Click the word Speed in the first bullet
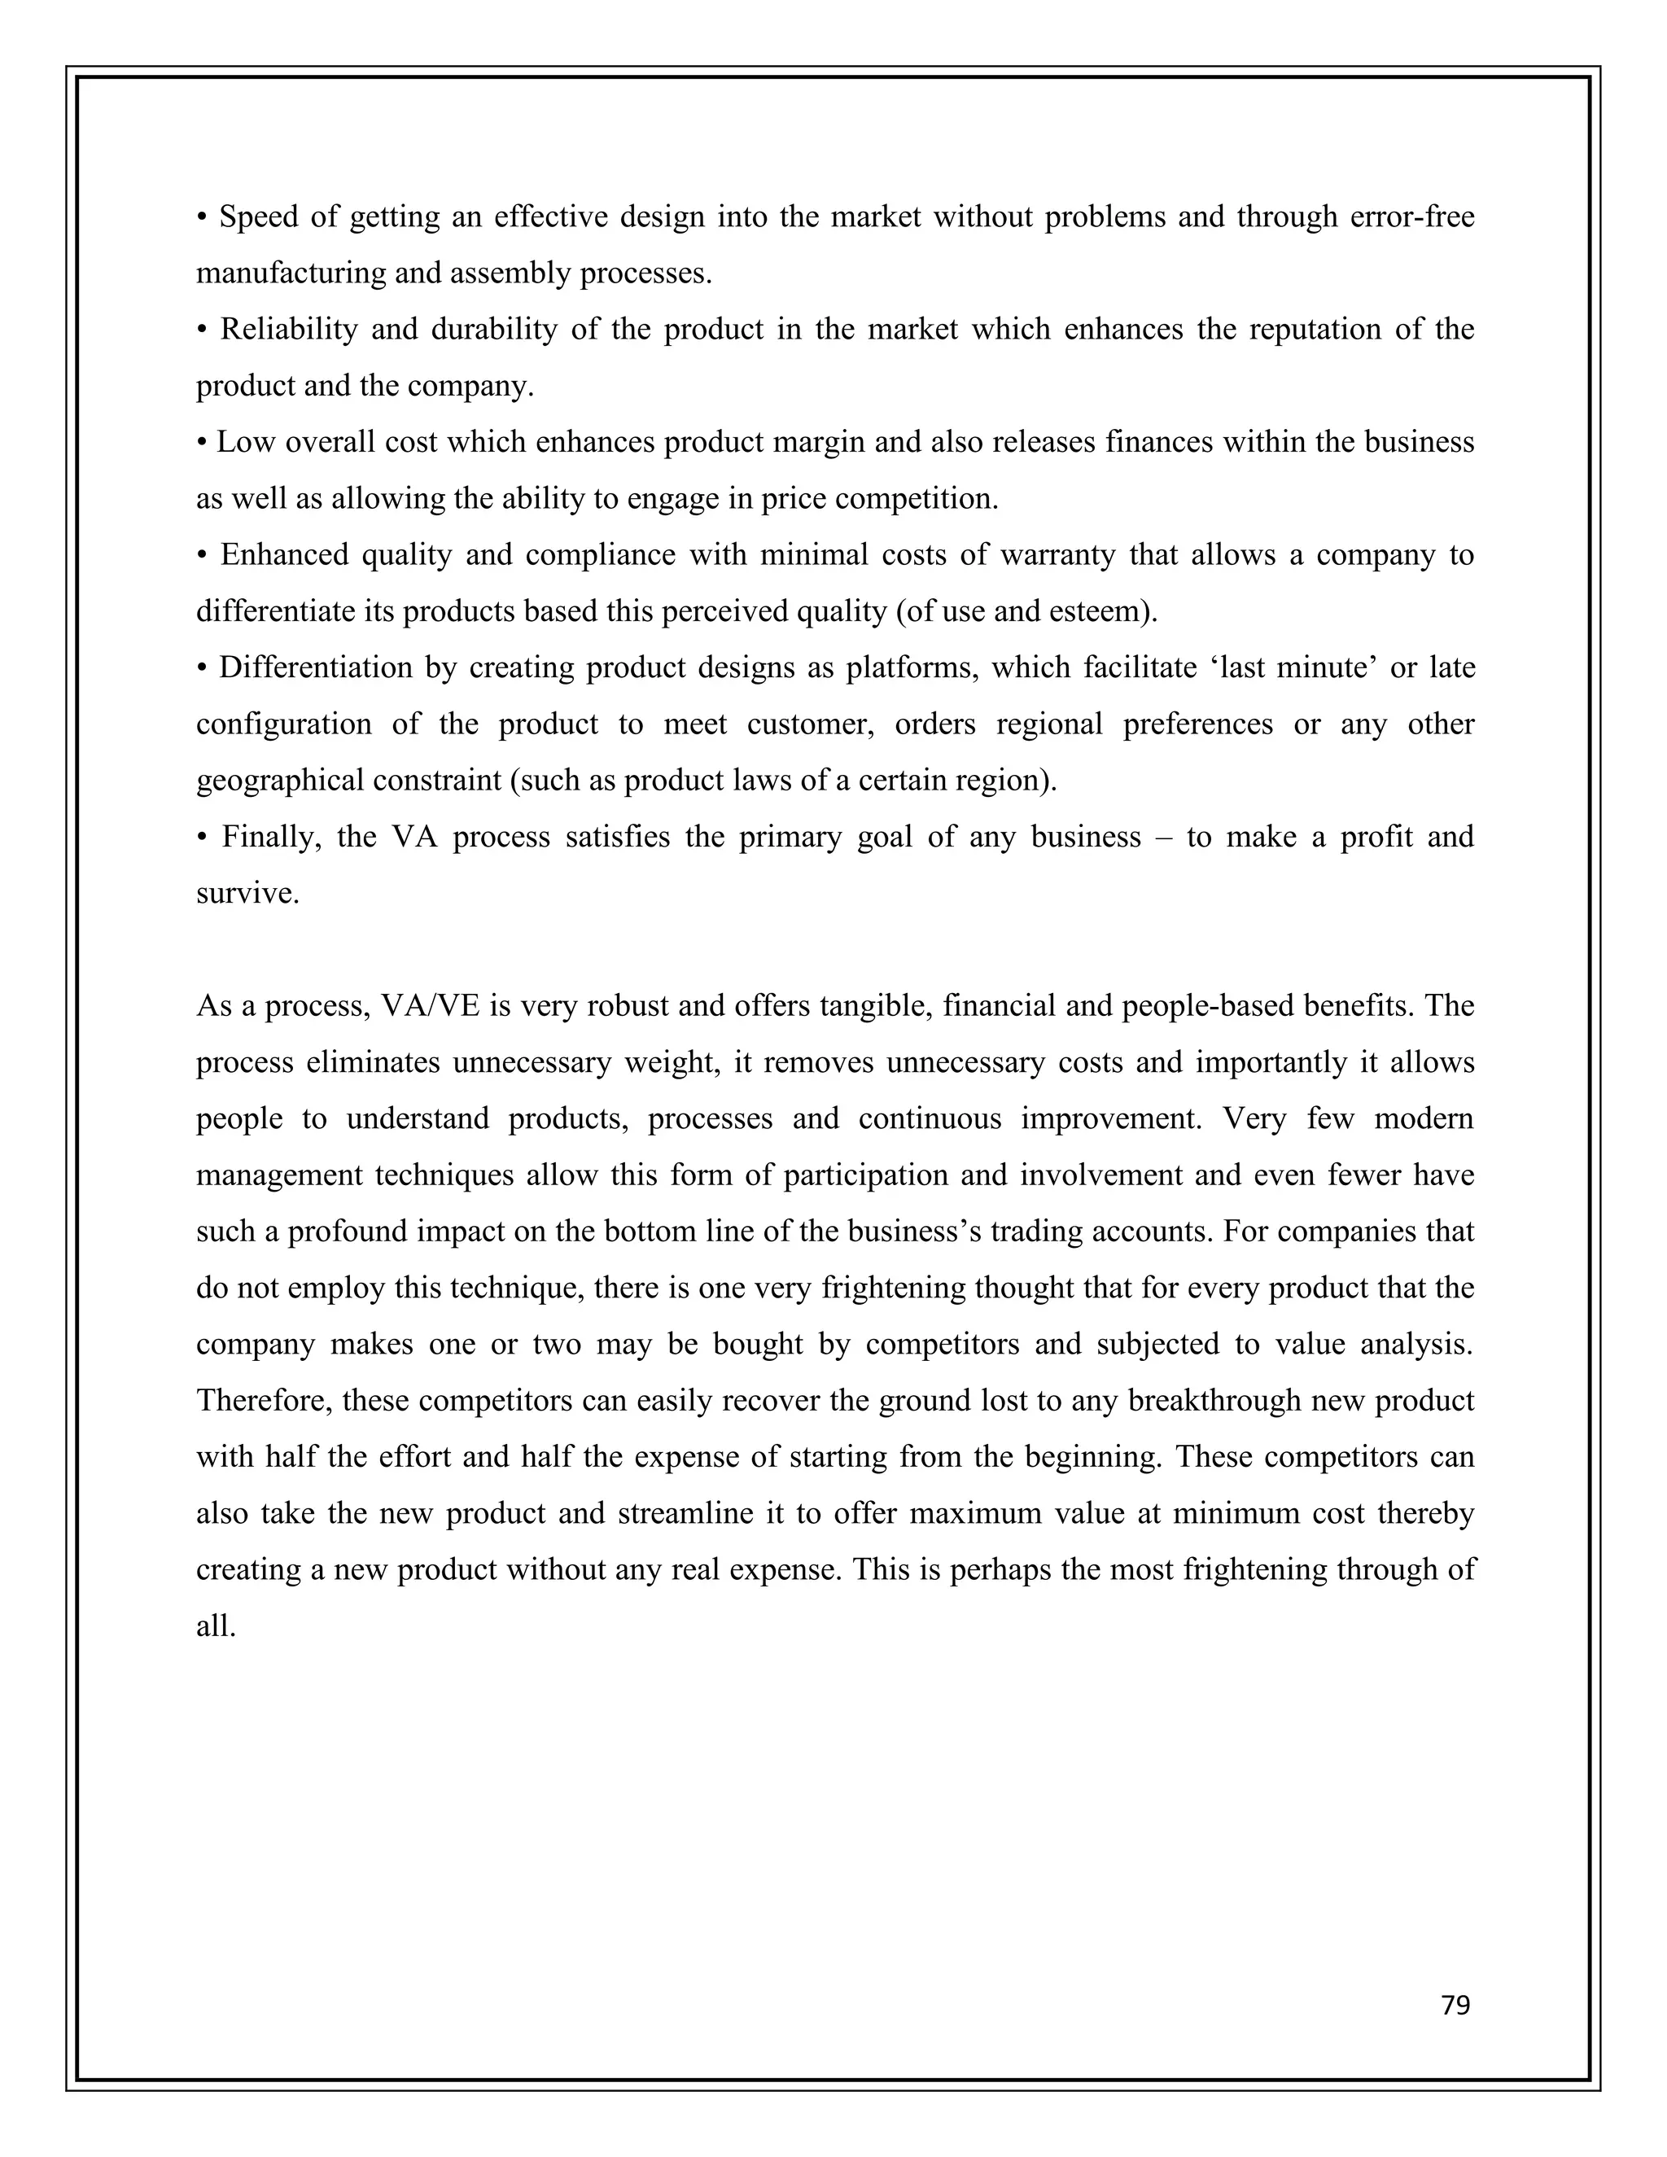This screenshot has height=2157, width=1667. pyautogui.click(x=259, y=217)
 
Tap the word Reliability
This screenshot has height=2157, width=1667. pyautogui.click(x=288, y=330)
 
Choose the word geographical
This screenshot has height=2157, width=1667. pyautogui.click(x=278, y=782)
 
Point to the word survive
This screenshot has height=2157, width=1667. pyautogui.click(x=247, y=895)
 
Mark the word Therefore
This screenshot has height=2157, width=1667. pyautogui.click(x=264, y=1402)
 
